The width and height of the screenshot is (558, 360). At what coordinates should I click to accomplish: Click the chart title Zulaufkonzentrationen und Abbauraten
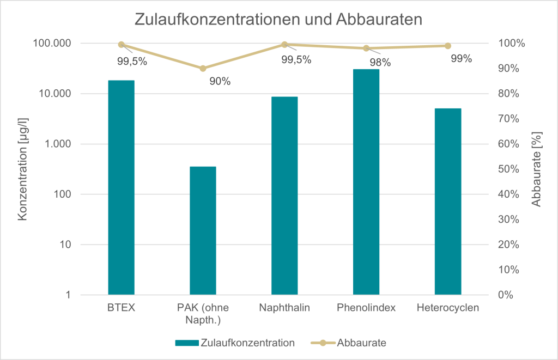pyautogui.click(x=278, y=20)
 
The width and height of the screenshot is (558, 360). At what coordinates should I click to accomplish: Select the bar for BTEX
pyautogui.click(x=121, y=188)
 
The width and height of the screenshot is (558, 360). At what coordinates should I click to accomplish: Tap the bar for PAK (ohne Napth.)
pyautogui.click(x=203, y=231)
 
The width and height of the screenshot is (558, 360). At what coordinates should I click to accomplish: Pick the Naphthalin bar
pyautogui.click(x=284, y=196)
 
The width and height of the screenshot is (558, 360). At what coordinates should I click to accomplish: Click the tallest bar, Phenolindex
pyautogui.click(x=366, y=182)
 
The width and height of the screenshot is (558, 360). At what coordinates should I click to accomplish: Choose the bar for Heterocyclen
pyautogui.click(x=448, y=202)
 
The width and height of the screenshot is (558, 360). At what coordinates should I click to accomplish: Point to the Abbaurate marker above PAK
pyautogui.click(x=203, y=68)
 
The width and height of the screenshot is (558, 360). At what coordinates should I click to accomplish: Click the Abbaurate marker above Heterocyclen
pyautogui.click(x=448, y=46)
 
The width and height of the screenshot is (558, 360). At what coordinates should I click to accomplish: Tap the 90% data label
pyautogui.click(x=220, y=82)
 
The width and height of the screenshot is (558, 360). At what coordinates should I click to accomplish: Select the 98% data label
pyautogui.click(x=380, y=62)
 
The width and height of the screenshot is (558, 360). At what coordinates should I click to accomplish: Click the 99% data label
pyautogui.click(x=461, y=59)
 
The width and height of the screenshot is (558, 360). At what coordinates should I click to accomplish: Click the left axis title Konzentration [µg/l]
pyautogui.click(x=22, y=169)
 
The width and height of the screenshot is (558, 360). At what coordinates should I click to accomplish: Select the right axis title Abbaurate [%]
pyautogui.click(x=537, y=169)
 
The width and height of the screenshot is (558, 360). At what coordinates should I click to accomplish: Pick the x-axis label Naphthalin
pyautogui.click(x=284, y=308)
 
